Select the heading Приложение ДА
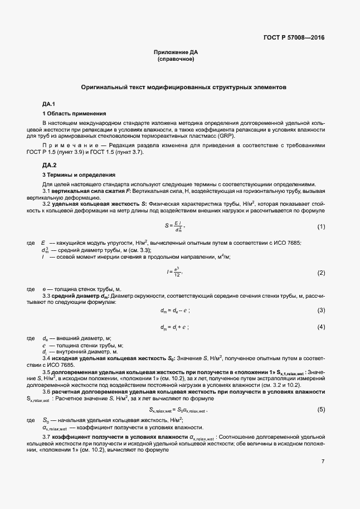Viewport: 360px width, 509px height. pos(176,52)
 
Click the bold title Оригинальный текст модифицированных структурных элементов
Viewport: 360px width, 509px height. pos(183,88)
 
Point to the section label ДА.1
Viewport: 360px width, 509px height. pos(49,104)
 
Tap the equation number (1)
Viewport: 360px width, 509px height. pos(321,226)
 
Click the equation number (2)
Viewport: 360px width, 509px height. pos(321,273)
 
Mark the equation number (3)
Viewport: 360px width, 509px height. pos(321,310)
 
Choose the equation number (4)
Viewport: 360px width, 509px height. pos(321,326)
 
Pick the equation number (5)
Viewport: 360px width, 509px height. pos(321,410)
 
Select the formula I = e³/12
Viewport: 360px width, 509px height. pos(174,273)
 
